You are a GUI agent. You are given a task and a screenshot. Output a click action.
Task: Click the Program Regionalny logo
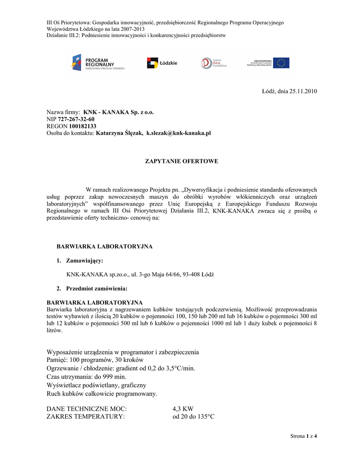[x=97, y=62]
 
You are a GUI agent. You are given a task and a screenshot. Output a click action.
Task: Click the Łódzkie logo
[x=162, y=63]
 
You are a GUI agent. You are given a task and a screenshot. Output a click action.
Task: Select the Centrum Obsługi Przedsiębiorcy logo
[x=214, y=63]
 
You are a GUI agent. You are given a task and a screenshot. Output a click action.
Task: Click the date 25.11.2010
[x=301, y=91]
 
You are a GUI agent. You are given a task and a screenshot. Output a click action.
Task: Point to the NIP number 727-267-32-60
[x=76, y=119]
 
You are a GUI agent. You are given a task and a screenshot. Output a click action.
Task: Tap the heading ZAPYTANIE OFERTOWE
[x=181, y=161]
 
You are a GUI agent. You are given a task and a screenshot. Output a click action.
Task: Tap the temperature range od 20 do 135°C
[x=193, y=416]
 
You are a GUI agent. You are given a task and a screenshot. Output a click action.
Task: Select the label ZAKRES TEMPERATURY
[x=86, y=416]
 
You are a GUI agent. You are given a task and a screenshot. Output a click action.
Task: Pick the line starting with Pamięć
[x=95, y=360]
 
